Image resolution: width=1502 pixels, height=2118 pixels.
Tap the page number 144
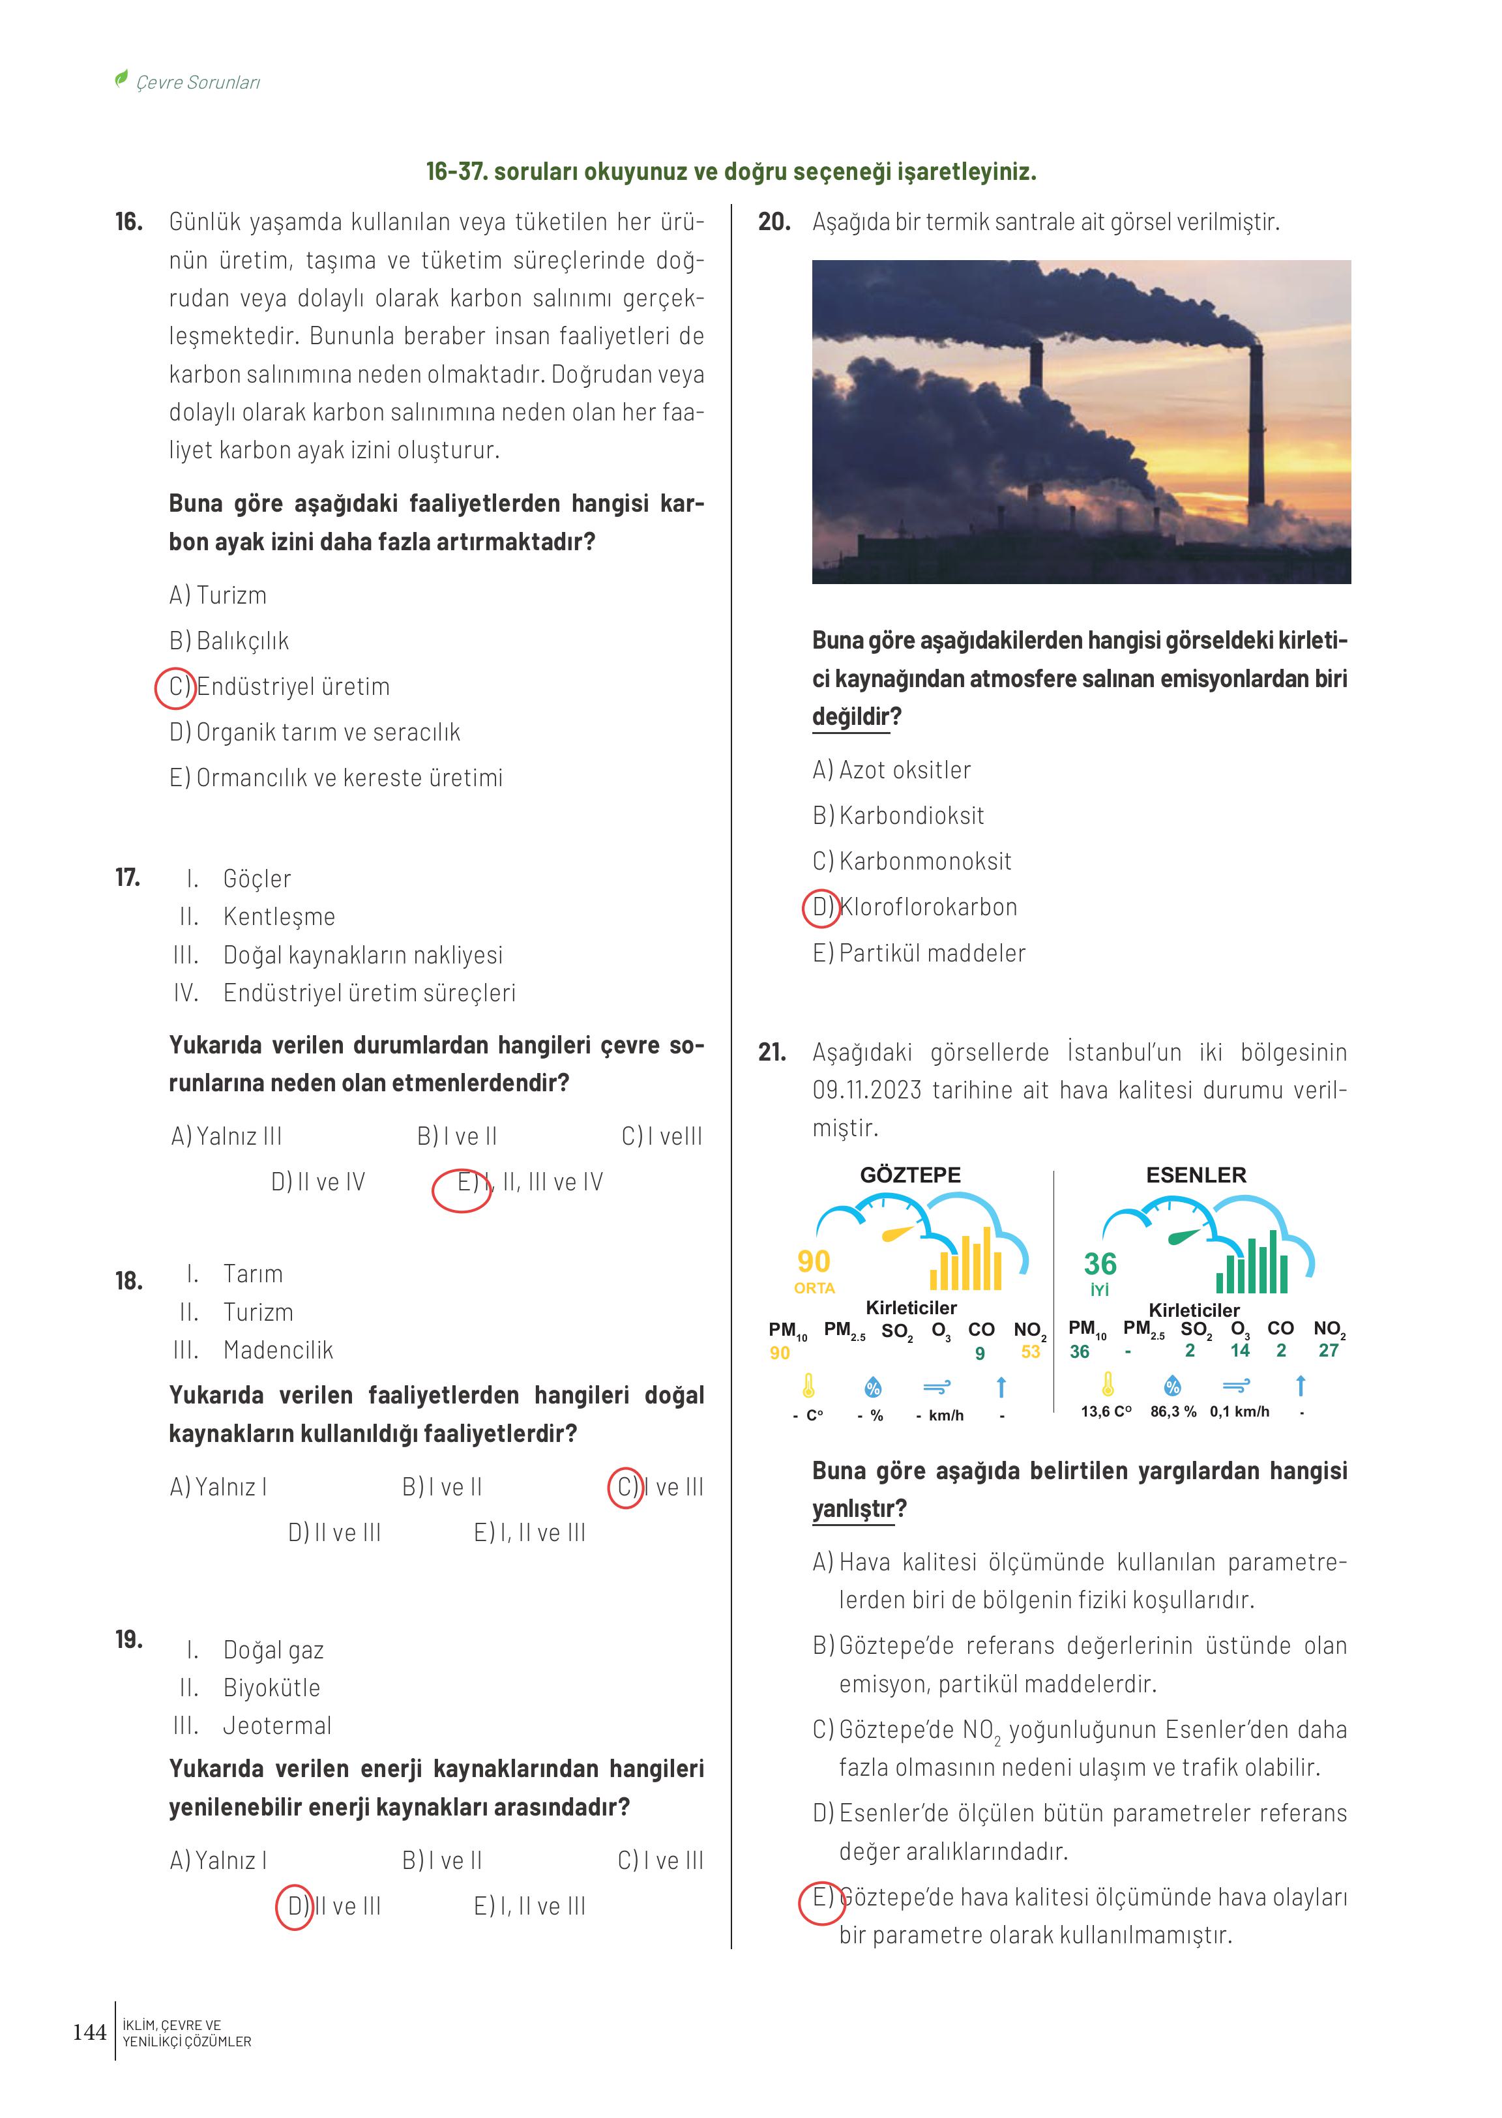(90, 2032)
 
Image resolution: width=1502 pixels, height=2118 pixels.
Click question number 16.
(128, 222)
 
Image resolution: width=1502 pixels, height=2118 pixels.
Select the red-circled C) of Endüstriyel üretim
(175, 687)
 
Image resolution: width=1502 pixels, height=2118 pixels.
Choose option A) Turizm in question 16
(218, 596)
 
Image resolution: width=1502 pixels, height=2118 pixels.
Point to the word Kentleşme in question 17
(279, 917)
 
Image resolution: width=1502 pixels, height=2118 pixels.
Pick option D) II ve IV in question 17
(318, 1182)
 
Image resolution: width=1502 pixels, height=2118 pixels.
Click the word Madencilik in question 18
(278, 1350)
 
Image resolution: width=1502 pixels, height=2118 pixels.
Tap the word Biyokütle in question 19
(272, 1688)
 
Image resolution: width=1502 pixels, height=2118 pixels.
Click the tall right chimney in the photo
(1256, 426)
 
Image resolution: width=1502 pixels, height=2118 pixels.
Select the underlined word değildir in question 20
(851, 717)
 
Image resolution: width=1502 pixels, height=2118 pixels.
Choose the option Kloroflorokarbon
(928, 907)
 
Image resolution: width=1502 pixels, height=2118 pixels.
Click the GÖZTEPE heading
(910, 1175)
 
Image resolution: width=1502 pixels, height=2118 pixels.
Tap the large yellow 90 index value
(814, 1261)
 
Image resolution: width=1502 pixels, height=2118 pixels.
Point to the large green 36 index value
(1100, 1263)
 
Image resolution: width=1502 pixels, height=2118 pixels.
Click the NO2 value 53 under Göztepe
(1030, 1352)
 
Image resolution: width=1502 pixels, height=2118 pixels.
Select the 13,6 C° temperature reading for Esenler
(1106, 1412)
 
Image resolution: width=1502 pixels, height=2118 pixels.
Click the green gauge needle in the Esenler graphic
(1184, 1235)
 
